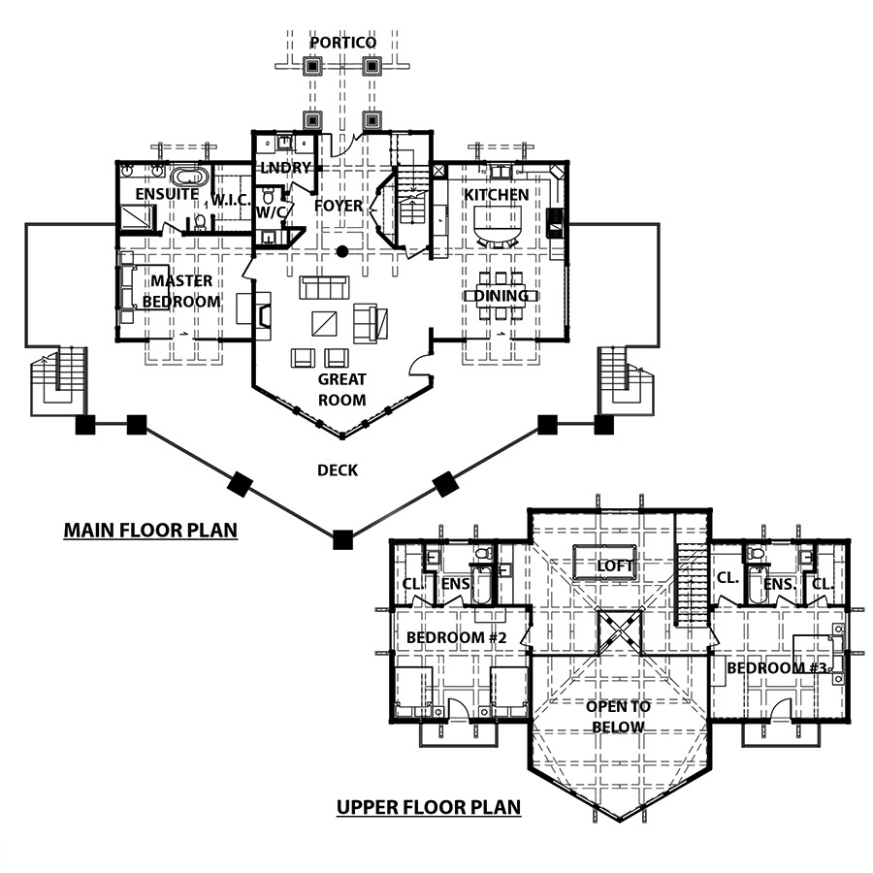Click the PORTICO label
coord(343,43)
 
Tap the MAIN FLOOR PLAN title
coord(150,530)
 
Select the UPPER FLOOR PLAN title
coord(429,807)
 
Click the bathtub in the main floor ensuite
coord(189,177)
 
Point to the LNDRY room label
coord(285,168)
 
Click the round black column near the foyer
coord(341,251)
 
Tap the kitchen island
coord(498,223)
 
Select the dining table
coord(501,296)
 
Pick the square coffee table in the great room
coord(324,323)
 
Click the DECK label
coord(338,470)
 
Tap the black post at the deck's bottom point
coord(342,540)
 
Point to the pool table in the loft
coord(603,563)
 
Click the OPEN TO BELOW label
coord(618,717)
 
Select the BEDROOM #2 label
coord(457,637)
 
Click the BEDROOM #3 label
coord(777,667)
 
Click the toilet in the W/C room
coord(268,195)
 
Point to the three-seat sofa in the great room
coord(325,287)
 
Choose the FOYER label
coord(339,206)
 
